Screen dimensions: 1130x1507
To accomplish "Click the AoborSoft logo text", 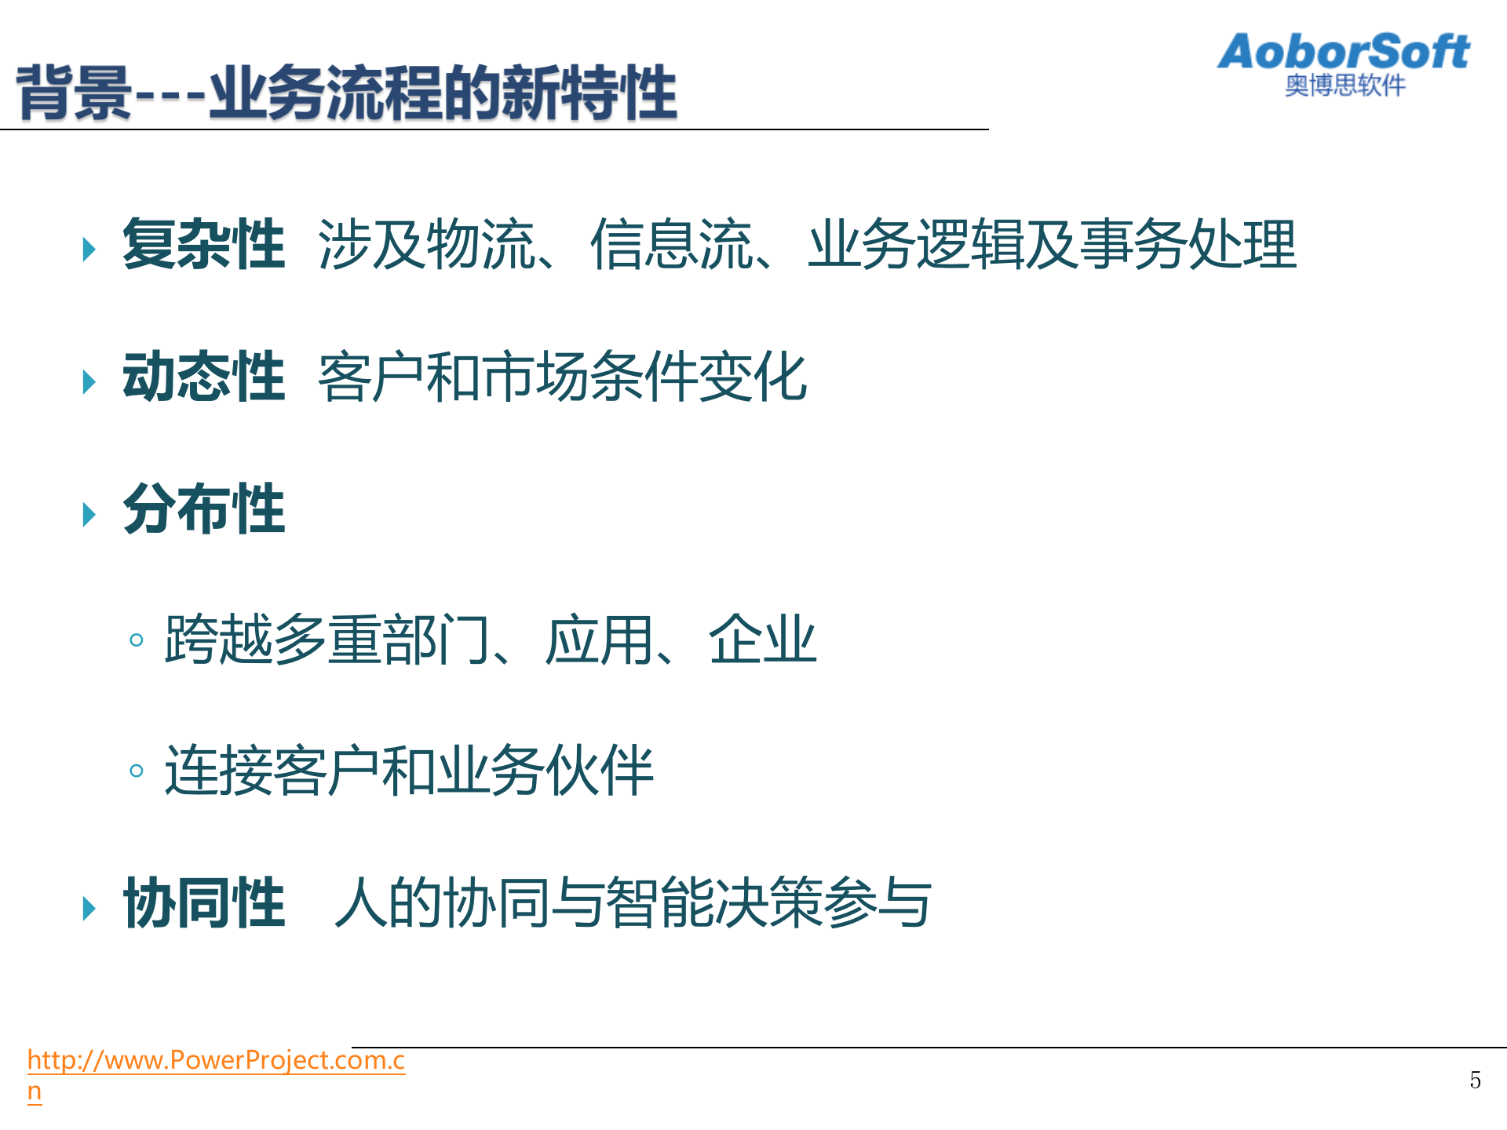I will [x=1343, y=52].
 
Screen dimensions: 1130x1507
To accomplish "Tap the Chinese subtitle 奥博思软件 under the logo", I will [x=1345, y=86].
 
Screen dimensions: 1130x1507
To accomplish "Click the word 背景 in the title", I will [x=74, y=93].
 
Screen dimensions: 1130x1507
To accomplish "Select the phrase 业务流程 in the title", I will [x=325, y=93].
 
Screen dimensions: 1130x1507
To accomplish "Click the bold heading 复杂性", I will [x=203, y=245].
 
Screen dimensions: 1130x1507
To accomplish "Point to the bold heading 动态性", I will [x=203, y=377].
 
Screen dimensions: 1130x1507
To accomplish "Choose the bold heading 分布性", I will [x=203, y=509].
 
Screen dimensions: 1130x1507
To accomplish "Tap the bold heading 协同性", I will [x=203, y=903].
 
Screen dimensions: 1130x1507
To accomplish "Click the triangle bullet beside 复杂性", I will [x=89, y=250].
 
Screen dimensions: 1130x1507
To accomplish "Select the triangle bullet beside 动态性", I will [x=89, y=382].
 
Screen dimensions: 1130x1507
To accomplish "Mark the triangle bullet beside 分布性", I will [x=89, y=515].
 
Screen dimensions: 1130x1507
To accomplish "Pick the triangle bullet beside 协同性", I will [x=89, y=909].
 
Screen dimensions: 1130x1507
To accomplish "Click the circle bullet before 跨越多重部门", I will [x=137, y=640].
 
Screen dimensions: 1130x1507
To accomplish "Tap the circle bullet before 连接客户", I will [x=137, y=771].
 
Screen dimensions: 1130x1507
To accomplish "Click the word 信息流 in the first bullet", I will [x=671, y=245].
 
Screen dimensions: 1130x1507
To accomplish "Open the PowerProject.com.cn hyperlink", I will [x=216, y=1061].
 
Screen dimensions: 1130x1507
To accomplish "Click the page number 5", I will [x=1476, y=1081].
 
